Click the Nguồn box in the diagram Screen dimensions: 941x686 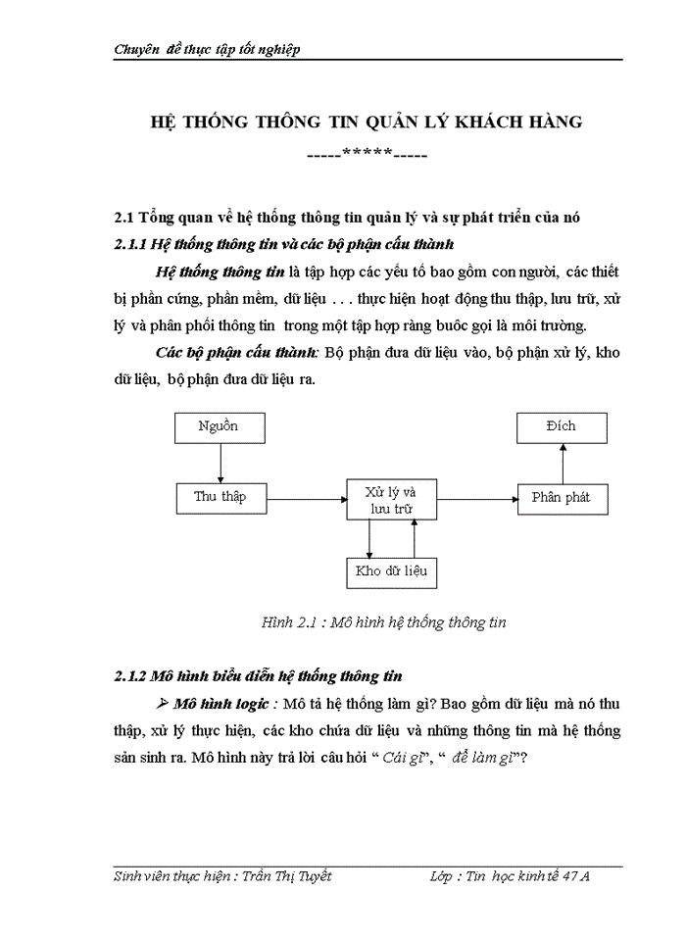coord(218,427)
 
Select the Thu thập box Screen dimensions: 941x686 coord(220,497)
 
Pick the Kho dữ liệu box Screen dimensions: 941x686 coord(391,570)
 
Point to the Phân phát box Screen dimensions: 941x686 coord(562,497)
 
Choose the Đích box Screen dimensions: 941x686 coord(562,427)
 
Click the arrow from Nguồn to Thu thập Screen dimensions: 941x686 coord(220,463)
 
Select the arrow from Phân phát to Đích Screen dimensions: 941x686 coord(563,463)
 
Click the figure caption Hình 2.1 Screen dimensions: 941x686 coord(383,622)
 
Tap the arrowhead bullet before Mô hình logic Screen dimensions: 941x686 coord(163,704)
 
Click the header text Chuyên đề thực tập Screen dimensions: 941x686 coord(207,49)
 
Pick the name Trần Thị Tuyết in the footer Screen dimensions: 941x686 coord(286,876)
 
